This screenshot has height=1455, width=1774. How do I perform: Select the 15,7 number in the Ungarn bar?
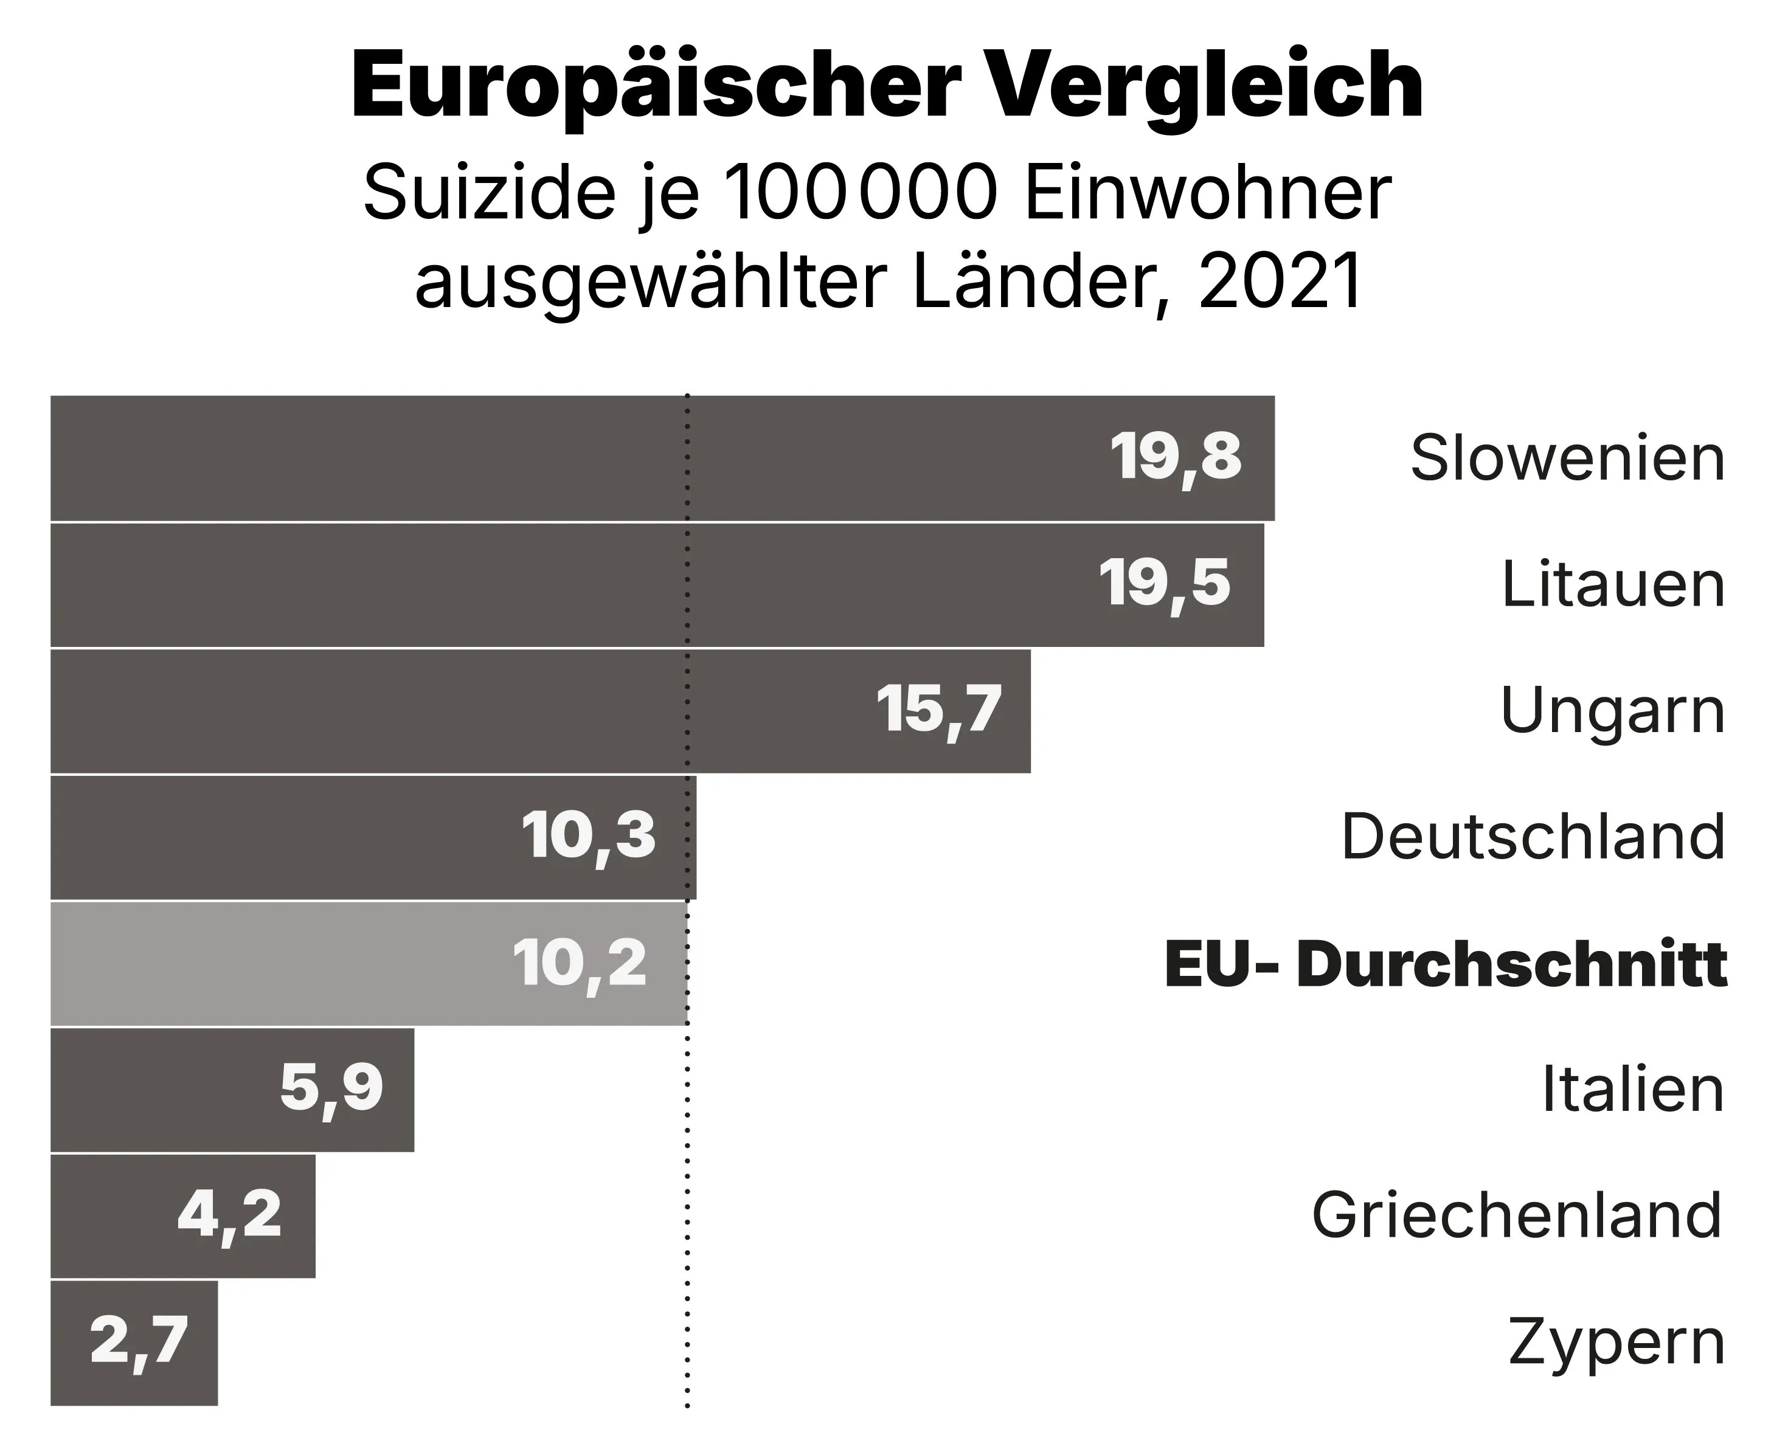click(938, 711)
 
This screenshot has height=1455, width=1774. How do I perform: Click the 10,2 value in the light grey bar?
click(580, 964)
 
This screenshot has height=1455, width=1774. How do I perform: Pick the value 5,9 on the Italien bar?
click(331, 1089)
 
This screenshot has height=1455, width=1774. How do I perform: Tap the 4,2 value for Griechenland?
click(229, 1215)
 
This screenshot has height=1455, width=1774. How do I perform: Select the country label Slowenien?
click(1567, 458)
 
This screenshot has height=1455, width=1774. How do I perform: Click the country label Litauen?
click(1612, 584)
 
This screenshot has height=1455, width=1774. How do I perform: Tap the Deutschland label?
click(1533, 837)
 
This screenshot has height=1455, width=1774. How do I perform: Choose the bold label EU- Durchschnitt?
click(1446, 964)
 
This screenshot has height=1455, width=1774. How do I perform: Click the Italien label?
click(1632, 1090)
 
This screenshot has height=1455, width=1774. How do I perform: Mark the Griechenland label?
click(1516, 1215)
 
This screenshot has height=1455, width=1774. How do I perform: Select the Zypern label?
click(1615, 1343)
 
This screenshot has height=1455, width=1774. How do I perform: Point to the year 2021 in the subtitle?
click(1280, 282)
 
